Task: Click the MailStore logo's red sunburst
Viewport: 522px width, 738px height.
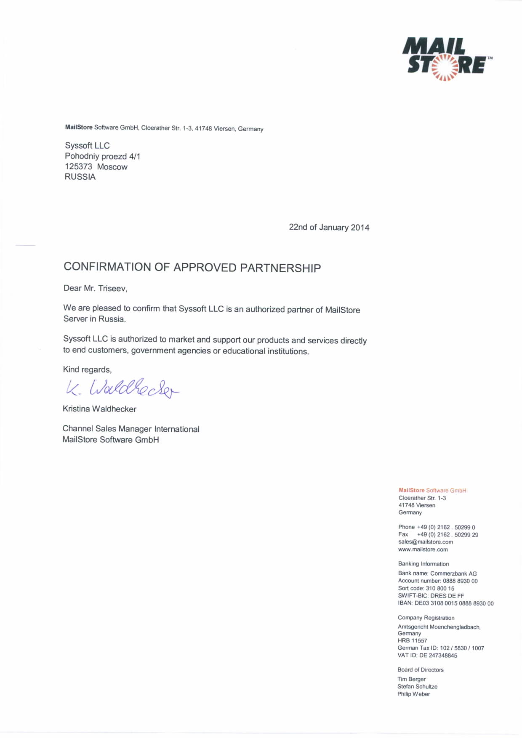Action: pos(445,67)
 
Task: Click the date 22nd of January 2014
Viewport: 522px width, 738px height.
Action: pos(329,228)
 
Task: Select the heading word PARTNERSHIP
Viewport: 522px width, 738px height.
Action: pos(280,268)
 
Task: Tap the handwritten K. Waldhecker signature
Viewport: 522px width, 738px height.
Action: pos(122,388)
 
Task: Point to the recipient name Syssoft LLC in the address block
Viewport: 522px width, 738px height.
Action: pos(87,146)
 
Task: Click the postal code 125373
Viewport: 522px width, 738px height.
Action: pos(78,167)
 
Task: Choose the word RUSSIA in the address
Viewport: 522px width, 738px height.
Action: pos(80,177)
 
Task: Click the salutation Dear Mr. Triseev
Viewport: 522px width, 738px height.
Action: pos(95,289)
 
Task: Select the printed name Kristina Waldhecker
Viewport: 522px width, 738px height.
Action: pos(99,409)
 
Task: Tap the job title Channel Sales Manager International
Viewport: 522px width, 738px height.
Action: pos(131,429)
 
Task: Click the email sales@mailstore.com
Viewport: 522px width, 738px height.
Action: pos(426,542)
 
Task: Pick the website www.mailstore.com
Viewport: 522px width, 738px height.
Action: pos(423,550)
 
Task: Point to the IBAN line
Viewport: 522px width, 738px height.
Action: pos(445,603)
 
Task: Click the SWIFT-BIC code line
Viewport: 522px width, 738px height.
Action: pos(431,596)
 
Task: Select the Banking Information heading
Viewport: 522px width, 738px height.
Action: pos(423,564)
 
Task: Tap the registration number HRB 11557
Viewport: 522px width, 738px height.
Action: pos(412,641)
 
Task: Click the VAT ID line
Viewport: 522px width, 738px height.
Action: pos(427,656)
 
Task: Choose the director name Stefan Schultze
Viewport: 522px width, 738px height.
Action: pos(417,687)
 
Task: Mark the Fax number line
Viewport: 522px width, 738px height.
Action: pos(438,535)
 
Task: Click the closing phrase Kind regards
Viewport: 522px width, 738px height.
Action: pos(87,370)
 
